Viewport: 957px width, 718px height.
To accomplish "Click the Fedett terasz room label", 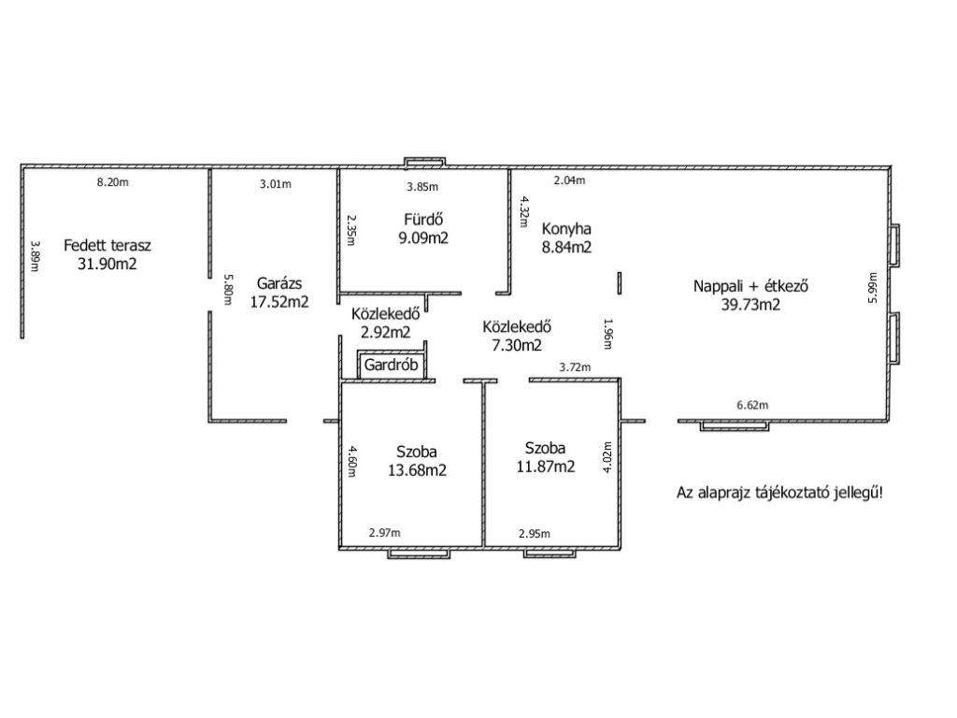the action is [107, 246].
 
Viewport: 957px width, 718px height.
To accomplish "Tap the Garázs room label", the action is [279, 283].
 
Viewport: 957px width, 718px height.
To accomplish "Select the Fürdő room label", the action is [423, 219].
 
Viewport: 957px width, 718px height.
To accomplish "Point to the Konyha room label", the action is [566, 229].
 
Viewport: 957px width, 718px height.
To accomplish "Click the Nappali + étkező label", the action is [750, 286].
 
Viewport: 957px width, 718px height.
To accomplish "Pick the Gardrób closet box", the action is [392, 366].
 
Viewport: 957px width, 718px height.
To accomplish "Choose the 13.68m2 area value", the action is [418, 470].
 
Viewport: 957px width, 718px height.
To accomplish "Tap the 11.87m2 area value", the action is [546, 467].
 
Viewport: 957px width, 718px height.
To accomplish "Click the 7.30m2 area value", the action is [517, 345].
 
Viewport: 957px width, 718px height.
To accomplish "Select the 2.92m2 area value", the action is [386, 332].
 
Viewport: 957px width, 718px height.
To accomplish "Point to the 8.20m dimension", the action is [113, 182].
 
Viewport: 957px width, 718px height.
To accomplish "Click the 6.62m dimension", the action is [752, 405].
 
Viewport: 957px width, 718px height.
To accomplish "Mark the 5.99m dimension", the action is [873, 288].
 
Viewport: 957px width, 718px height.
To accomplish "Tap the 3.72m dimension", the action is [575, 366].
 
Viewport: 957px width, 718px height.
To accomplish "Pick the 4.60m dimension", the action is [351, 462].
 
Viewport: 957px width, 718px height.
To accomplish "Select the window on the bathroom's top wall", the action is [425, 162].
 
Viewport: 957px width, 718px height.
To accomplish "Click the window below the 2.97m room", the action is [420, 553].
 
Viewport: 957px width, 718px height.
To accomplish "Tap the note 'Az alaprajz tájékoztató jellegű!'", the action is [779, 494].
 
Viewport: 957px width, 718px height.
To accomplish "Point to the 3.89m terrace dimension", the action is [35, 255].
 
